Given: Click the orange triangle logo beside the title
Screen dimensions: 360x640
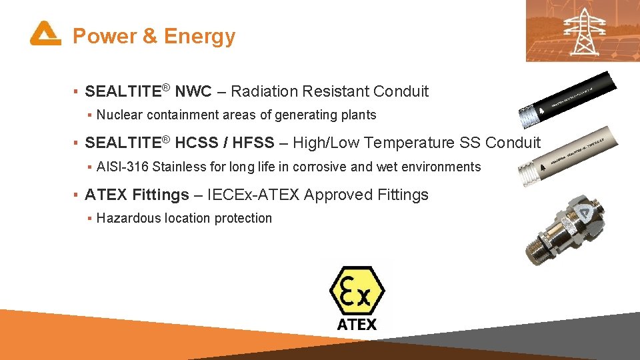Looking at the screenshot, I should [45, 33].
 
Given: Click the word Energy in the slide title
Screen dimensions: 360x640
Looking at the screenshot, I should [199, 36].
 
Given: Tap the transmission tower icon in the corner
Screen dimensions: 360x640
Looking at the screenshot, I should [584, 30].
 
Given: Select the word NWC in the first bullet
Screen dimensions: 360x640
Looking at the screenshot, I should [198, 91].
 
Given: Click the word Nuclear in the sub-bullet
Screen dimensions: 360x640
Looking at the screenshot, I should [120, 115].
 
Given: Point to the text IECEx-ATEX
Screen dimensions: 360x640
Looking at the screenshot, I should [253, 195].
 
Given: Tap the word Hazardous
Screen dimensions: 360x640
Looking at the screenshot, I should [126, 219].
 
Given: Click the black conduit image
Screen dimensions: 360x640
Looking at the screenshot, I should [567, 97].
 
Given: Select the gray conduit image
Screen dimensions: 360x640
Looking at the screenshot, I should [567, 155].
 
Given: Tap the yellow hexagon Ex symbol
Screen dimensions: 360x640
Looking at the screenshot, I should [357, 291].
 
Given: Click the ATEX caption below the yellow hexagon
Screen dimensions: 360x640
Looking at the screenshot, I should [357, 325].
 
